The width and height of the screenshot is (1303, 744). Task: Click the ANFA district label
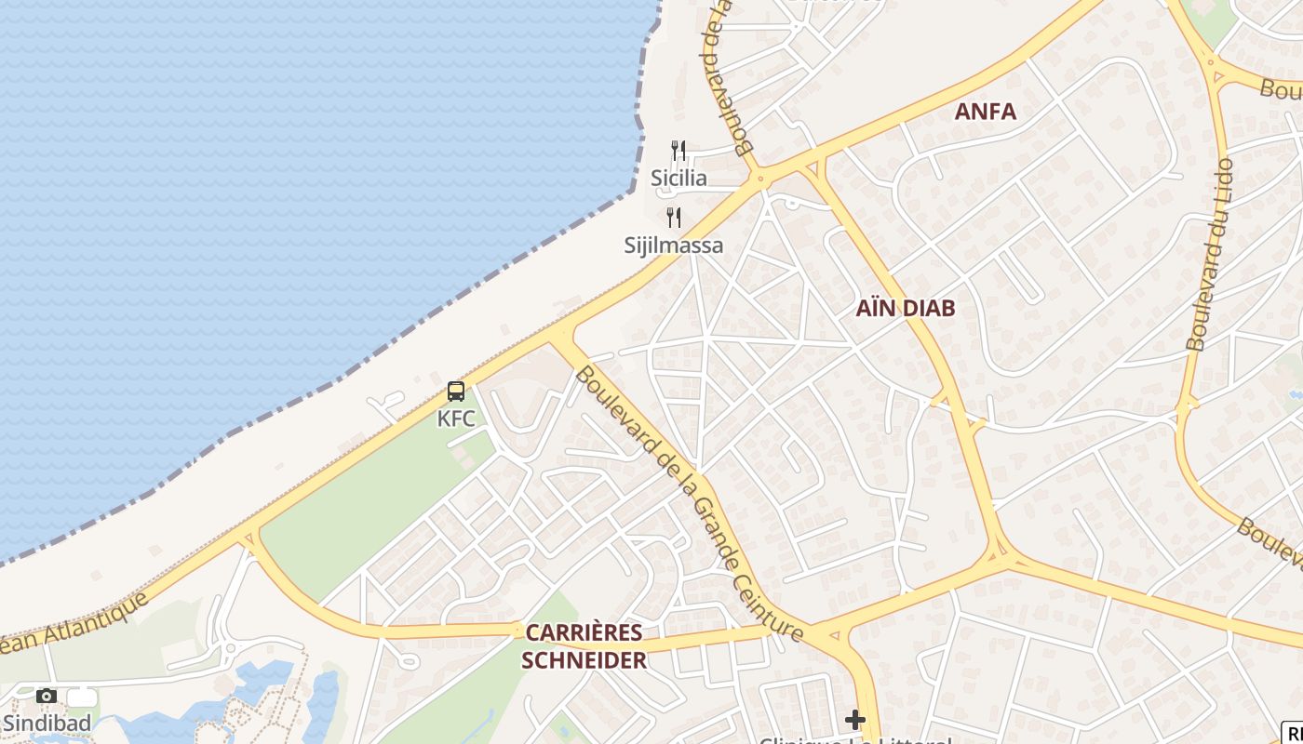point(985,112)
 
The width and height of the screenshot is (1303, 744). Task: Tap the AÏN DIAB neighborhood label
point(905,309)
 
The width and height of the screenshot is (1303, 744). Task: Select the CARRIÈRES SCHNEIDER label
point(584,646)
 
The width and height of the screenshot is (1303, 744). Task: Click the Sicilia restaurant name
point(678,178)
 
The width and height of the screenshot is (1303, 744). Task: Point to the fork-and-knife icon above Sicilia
point(678,150)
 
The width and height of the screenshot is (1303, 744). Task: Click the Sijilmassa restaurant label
point(673,246)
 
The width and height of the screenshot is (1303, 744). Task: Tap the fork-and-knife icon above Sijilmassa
point(674,218)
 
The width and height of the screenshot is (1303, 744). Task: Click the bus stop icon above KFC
point(455,392)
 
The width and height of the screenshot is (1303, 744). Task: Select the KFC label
point(456,418)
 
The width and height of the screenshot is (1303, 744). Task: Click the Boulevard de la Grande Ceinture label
point(689,502)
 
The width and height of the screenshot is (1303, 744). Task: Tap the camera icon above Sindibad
point(46,696)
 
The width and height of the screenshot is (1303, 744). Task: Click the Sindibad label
point(47,723)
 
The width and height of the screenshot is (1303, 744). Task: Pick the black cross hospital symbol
point(855,719)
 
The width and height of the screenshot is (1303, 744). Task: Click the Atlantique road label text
point(79,623)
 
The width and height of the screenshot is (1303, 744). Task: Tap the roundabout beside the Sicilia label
point(761,177)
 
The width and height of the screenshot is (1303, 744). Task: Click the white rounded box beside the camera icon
point(82,697)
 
